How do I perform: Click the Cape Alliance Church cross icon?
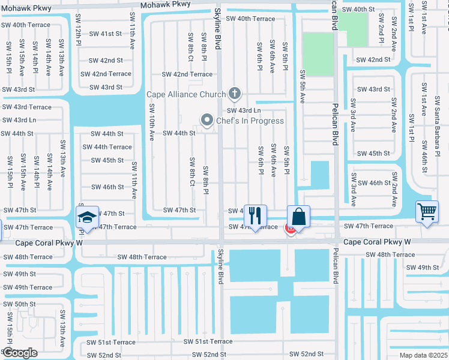point(235,94)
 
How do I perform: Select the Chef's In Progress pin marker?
point(208,121)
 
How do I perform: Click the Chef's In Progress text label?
point(250,121)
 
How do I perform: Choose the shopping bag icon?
point(298,217)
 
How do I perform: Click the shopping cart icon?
point(427,211)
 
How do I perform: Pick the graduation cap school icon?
point(88,216)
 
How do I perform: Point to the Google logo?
point(20,352)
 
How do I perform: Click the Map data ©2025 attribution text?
point(423,355)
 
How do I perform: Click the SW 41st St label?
point(106,34)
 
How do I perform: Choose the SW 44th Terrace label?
point(107,147)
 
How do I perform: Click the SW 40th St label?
point(358,10)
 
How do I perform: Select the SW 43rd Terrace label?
point(27,107)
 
